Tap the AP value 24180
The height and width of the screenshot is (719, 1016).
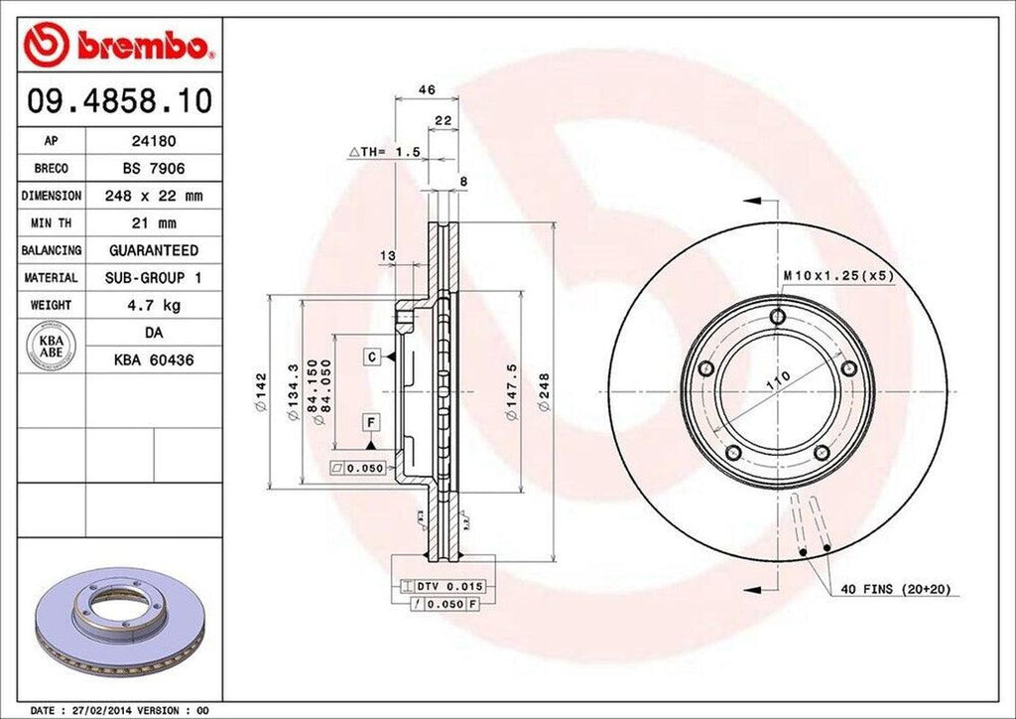coord(153,142)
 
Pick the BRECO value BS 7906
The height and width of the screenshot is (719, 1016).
coord(153,169)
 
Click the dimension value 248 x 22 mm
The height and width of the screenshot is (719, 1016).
coord(153,197)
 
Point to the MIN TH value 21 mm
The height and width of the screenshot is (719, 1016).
coord(153,223)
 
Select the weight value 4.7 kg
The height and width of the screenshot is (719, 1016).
coord(153,305)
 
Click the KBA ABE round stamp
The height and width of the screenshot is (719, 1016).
coord(51,347)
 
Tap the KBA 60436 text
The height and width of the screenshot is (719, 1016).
coord(153,359)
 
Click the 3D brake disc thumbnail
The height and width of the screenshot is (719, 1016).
coord(118,621)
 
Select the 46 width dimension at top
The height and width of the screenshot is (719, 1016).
coord(427,90)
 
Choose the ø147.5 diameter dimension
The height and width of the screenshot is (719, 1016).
coord(511,393)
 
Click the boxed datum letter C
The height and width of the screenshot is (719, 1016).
coord(370,356)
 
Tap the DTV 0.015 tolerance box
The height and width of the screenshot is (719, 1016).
coord(437,588)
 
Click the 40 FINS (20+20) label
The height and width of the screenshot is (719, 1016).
coord(895,589)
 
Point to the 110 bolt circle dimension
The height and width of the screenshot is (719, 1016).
coord(777,377)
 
